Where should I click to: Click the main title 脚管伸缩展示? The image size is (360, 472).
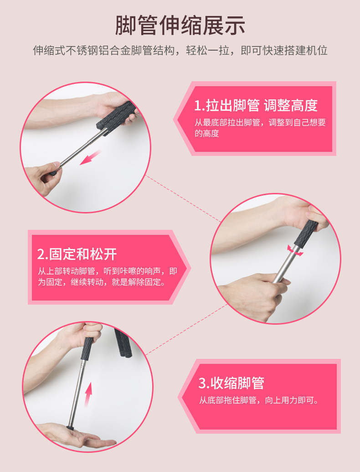(180, 26)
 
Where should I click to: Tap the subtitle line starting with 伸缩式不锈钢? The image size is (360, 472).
(180, 51)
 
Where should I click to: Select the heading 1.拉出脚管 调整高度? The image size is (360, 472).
(256, 105)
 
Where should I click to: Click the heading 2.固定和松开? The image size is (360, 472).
(77, 254)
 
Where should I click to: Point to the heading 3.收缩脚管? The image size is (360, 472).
(231, 383)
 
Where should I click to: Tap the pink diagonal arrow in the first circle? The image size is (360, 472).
(90, 157)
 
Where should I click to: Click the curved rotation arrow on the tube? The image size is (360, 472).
(295, 251)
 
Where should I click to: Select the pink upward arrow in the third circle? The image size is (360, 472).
(88, 394)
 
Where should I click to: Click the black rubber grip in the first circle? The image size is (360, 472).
(116, 118)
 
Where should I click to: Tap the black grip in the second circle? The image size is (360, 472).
(305, 233)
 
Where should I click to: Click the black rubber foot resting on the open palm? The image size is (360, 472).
(70, 427)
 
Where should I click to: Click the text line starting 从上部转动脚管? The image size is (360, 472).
(108, 271)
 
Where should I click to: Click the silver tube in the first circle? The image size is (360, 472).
(82, 148)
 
